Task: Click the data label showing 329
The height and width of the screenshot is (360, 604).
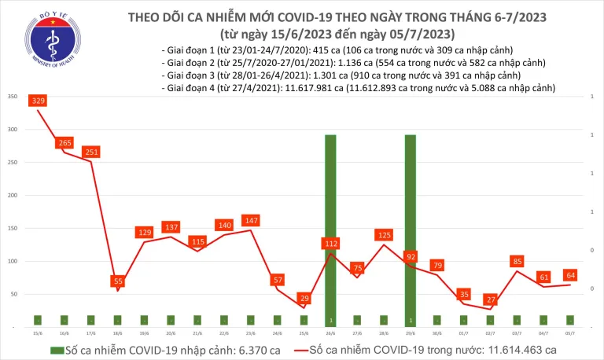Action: [x=39, y=101]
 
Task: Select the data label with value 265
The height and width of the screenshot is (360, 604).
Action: [x=65, y=143]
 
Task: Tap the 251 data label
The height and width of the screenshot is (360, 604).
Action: [x=92, y=152]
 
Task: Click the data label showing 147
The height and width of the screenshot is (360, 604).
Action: [x=252, y=221]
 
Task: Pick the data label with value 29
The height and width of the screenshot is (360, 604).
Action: [x=304, y=298]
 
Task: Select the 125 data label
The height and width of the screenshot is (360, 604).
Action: [x=385, y=235]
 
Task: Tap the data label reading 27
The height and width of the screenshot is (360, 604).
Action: [x=491, y=299]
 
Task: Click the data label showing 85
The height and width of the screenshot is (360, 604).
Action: [x=517, y=261]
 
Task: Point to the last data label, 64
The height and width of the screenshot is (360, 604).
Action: [x=571, y=275]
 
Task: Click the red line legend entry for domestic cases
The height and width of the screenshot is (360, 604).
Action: [x=425, y=349]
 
